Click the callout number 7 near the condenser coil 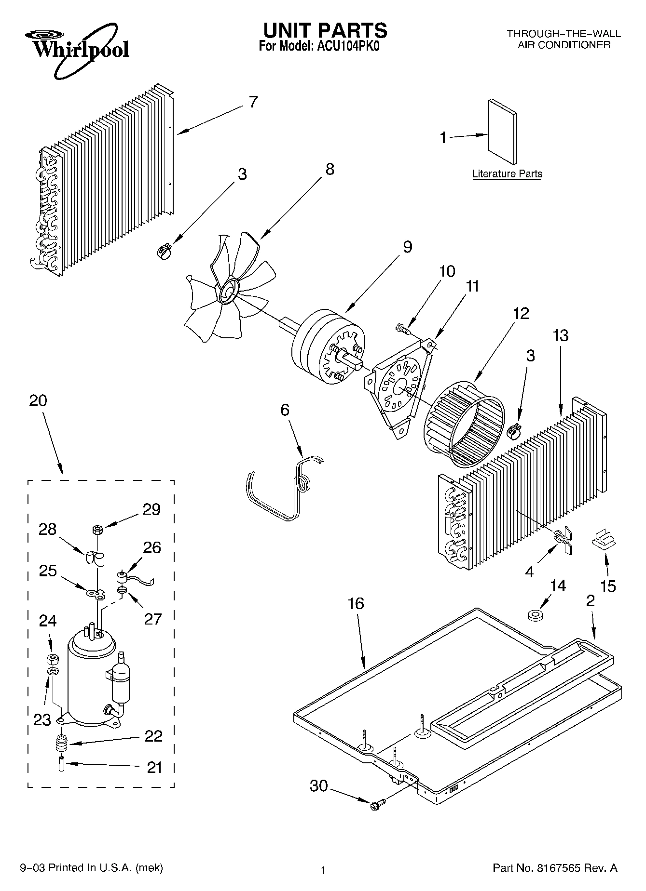pos(253,102)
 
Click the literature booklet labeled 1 pos(503,132)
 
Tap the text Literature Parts pos(507,174)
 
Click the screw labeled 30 pos(378,804)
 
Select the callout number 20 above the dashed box pos(38,400)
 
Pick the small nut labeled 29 pos(96,530)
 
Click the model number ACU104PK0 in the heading pos(346,47)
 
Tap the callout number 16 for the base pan pos(356,603)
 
